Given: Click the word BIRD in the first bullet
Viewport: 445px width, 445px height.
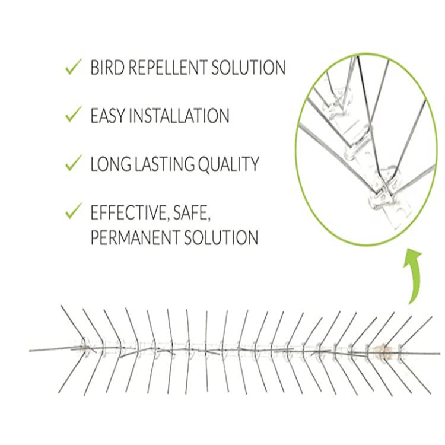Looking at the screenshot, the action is pos(107,68).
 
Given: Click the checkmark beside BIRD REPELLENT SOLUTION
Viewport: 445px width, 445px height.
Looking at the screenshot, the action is pos(74,67).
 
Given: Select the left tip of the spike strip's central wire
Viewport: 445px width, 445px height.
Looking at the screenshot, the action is pos(31,351).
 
